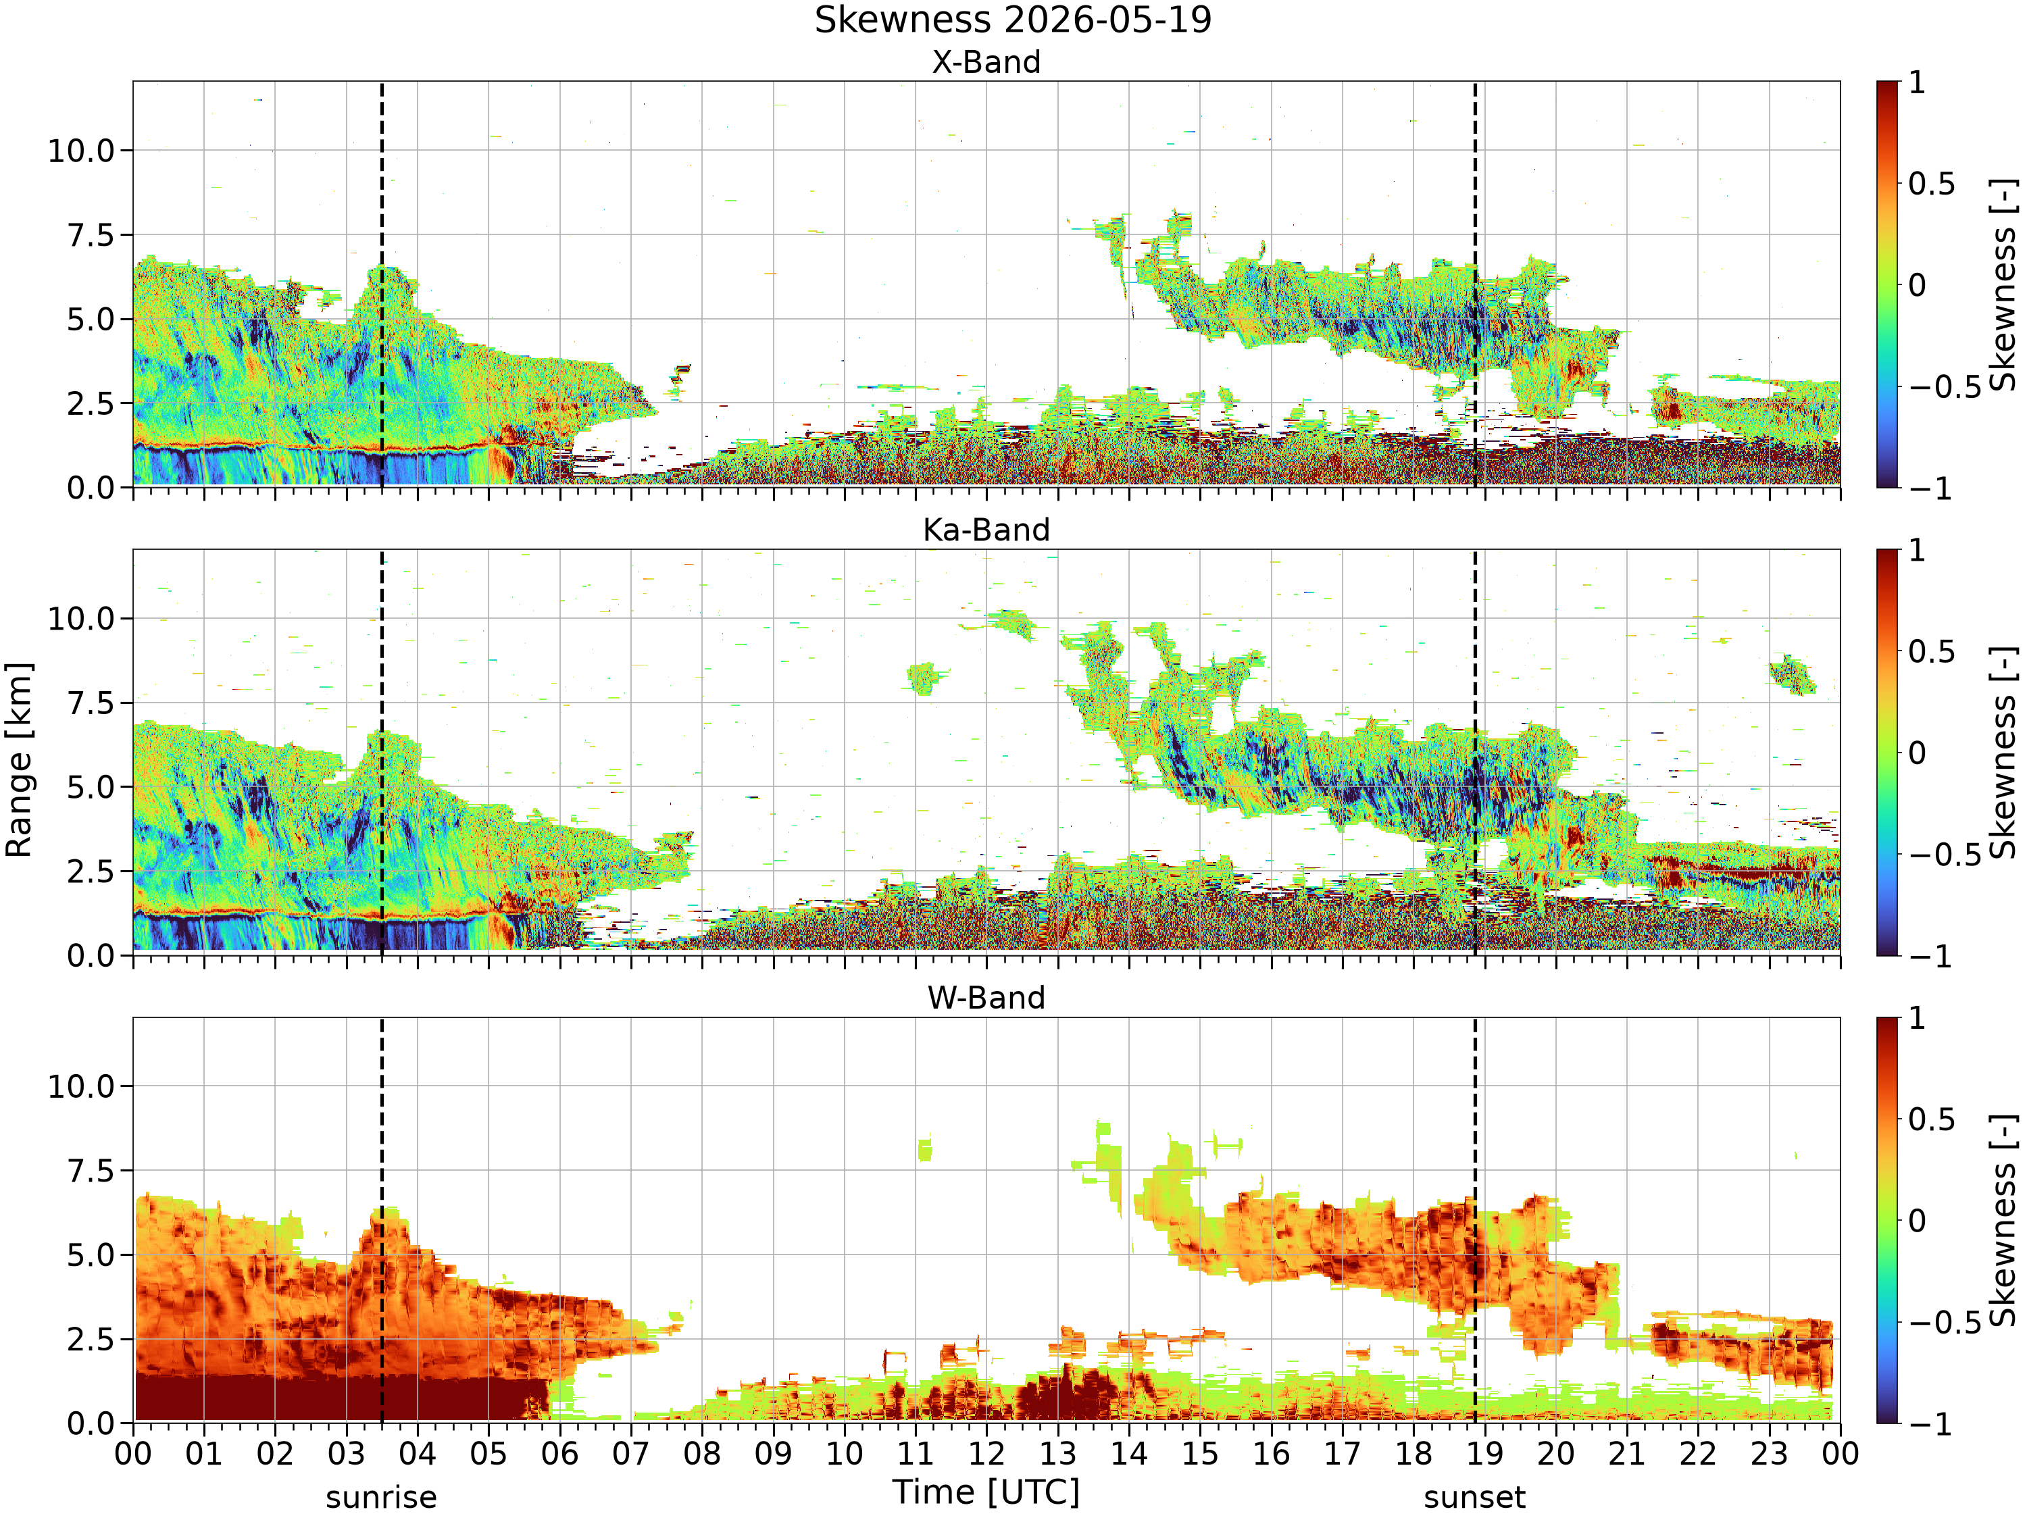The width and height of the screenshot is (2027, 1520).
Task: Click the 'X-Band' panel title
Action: (986, 62)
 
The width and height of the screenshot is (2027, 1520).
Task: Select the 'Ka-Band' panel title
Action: (986, 530)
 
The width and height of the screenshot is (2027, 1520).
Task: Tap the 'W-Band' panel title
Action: (986, 998)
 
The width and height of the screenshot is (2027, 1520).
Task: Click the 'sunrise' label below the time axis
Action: (381, 1498)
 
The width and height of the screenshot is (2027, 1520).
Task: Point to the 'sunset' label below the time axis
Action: (1474, 1498)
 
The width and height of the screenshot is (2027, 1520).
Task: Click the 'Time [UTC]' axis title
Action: (986, 1492)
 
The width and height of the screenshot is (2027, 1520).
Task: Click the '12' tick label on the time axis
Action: (987, 1454)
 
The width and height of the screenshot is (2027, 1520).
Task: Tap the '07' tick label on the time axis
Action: (631, 1454)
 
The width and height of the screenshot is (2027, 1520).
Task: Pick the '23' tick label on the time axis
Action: (1770, 1454)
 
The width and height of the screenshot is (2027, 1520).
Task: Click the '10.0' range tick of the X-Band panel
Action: (82, 150)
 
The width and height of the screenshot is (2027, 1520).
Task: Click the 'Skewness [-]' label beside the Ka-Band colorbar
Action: (2004, 753)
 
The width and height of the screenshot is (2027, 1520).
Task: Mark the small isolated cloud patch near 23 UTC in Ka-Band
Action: (1791, 676)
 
